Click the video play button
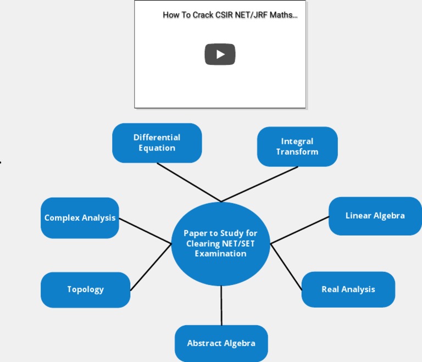pyautogui.click(x=220, y=54)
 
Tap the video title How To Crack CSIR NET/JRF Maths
pyautogui.click(x=230, y=15)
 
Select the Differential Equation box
pyautogui.click(x=157, y=143)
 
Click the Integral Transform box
pyautogui.click(x=297, y=147)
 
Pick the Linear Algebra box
pyautogui.click(x=375, y=216)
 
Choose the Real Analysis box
pyautogui.click(x=348, y=289)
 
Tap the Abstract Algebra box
pyautogui.click(x=221, y=343)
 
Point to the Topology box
pyautogui.click(x=85, y=289)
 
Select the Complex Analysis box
pyautogui.click(x=80, y=218)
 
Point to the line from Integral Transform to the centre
pyautogui.click(x=259, y=184)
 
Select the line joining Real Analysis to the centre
pyautogui.click(x=286, y=267)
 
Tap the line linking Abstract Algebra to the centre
pyautogui.click(x=221, y=305)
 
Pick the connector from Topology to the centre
pyautogui.click(x=151, y=267)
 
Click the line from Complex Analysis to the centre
pyautogui.click(x=145, y=231)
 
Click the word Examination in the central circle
pyautogui.click(x=220, y=254)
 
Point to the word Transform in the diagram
pyautogui.click(x=297, y=152)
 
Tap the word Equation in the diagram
pyautogui.click(x=157, y=148)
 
